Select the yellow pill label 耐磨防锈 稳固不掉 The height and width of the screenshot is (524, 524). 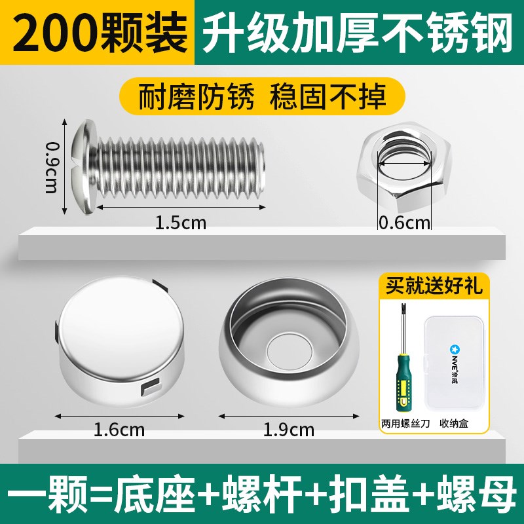pyautogui.click(x=262, y=96)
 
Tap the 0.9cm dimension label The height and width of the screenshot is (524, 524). pyautogui.click(x=51, y=167)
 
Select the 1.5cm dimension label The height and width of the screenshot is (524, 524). pyautogui.click(x=180, y=223)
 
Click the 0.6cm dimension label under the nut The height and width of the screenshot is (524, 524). pyautogui.click(x=404, y=223)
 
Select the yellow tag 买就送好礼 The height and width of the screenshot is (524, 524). pyautogui.click(x=434, y=286)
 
